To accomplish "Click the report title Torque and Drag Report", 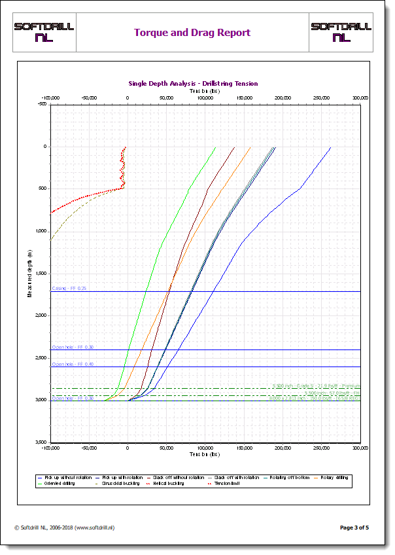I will pyautogui.click(x=192, y=33).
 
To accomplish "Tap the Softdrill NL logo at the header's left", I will pyautogui.click(x=44, y=32).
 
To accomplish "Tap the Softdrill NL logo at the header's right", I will pyautogui.click(x=341, y=32).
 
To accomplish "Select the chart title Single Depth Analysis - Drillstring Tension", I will pyautogui.click(x=193, y=84).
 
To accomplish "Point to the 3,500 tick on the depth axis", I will pyautogui.click(x=41, y=442).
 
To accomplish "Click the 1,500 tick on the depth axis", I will pyautogui.click(x=41, y=274).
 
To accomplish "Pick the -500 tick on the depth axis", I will pyautogui.click(x=43, y=104).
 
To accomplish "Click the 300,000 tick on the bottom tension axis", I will pyautogui.click(x=360, y=448).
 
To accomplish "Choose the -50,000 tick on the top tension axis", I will pyautogui.click(x=89, y=98).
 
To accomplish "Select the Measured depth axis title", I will pyautogui.click(x=29, y=273).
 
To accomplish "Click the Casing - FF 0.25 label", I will pyautogui.click(x=69, y=288).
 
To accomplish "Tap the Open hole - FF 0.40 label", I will pyautogui.click(x=73, y=364).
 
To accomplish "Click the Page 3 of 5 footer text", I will pyautogui.click(x=354, y=527).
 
